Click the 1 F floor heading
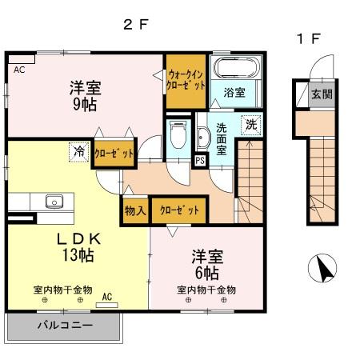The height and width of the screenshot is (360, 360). pyautogui.click(x=308, y=37)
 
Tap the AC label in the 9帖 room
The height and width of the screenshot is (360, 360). pyautogui.click(x=18, y=70)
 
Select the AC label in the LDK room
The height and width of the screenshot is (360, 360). pyautogui.click(x=107, y=298)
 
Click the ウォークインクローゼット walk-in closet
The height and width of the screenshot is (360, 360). pyautogui.click(x=186, y=81)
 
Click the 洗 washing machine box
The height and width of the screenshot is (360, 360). pyautogui.click(x=250, y=125)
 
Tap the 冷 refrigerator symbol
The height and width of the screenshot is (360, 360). pyautogui.click(x=80, y=150)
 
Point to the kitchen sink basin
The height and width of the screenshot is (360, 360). pyautogui.click(x=54, y=201)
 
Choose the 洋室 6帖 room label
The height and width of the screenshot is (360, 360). pyautogui.click(x=206, y=263)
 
